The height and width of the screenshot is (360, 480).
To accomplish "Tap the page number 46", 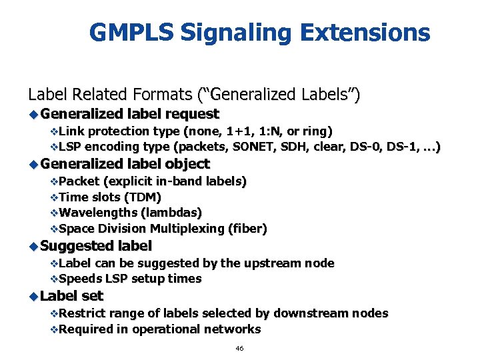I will click(x=240, y=349).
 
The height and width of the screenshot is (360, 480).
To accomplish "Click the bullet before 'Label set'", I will click(x=33, y=295).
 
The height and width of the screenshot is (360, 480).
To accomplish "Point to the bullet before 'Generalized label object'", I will click(x=33, y=164).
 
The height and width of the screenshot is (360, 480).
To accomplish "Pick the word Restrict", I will click(x=81, y=313).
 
